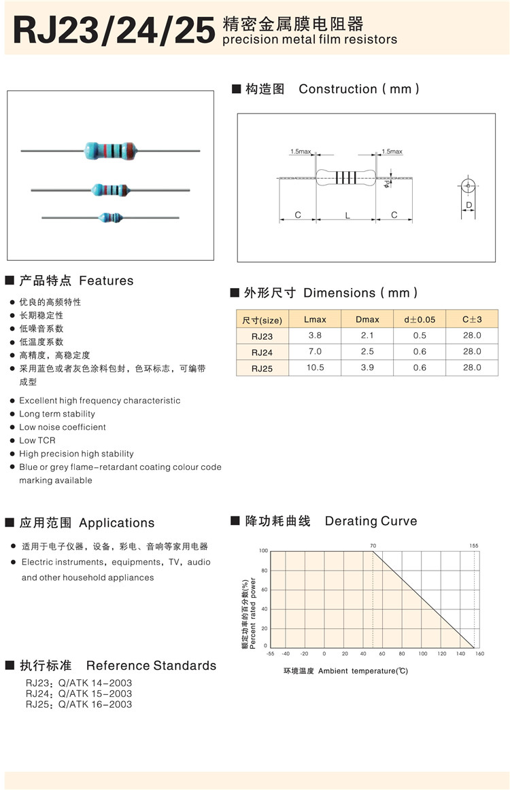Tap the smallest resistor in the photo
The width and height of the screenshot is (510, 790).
[x=110, y=217]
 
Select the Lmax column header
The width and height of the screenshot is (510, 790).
[x=315, y=319]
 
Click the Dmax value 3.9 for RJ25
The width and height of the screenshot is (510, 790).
[x=367, y=367]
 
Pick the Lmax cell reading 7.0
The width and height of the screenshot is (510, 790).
[x=315, y=351]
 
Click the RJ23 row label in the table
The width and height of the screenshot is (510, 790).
[x=262, y=336]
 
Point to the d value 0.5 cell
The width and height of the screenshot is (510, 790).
[x=420, y=336]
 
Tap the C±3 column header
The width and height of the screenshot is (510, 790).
[x=472, y=319]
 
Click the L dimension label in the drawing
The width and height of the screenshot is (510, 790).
[x=347, y=215]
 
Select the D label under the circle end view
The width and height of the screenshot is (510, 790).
[x=469, y=204]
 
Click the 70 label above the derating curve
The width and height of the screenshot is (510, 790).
[x=373, y=545]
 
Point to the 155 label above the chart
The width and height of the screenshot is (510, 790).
[x=473, y=545]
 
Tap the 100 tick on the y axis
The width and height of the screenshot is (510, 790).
[x=264, y=551]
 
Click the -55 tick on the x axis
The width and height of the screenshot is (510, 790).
[x=270, y=653]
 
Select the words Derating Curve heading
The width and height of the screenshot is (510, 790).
[x=371, y=521]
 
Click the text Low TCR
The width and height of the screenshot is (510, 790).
[x=37, y=440]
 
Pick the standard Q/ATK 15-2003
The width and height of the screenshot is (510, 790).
[x=95, y=694]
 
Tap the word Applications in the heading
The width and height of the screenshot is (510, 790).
[x=117, y=523]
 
